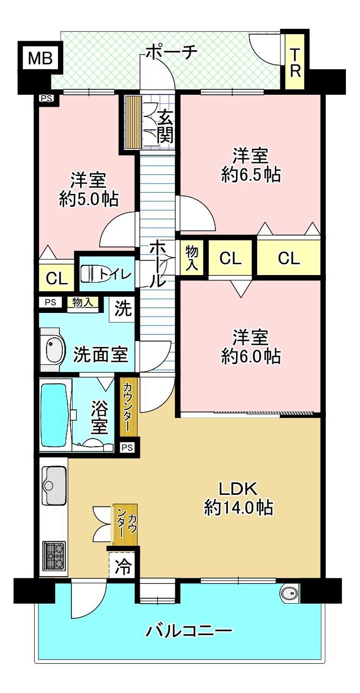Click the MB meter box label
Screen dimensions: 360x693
coord(40,58)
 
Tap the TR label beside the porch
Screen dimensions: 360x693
coord(296,63)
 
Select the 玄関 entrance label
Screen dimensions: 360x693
coord(165,126)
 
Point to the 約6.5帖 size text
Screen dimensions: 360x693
coord(251,175)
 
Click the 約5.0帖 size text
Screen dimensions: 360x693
coord(89,200)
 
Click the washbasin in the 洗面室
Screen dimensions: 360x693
coord(55,350)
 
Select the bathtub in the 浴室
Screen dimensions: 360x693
coord(55,415)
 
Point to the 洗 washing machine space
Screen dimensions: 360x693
coord(123,310)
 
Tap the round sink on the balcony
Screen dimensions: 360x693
coord(290,594)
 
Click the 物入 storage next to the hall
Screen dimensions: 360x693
coord(192,257)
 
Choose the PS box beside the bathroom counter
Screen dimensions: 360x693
coord(127,447)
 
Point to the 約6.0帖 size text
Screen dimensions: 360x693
coord(251,356)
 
